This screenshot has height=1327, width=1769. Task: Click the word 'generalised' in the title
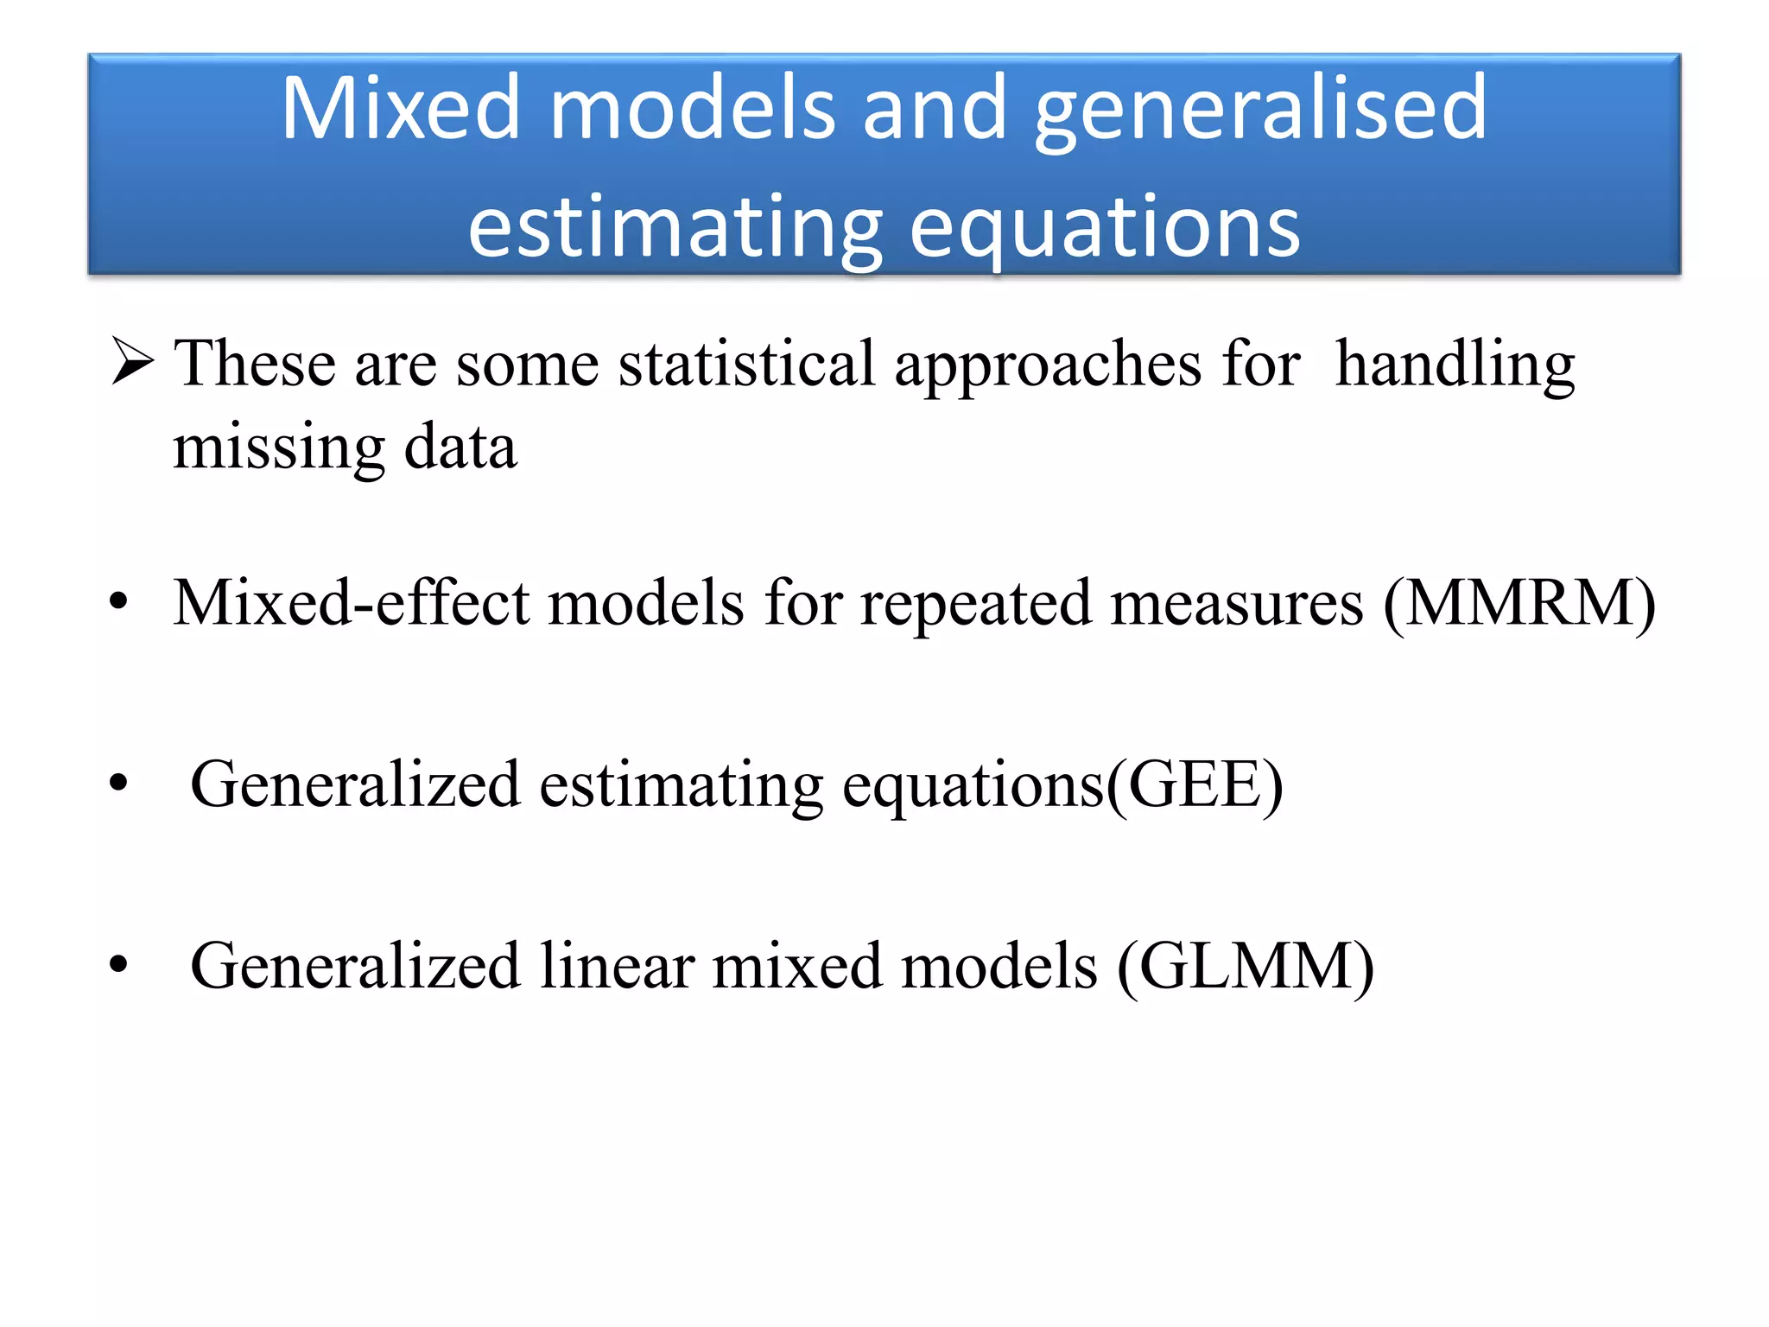tap(1260, 111)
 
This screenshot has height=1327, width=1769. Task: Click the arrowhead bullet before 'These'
tap(132, 362)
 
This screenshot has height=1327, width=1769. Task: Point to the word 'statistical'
tap(746, 364)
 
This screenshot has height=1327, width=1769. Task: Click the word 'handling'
tap(1455, 364)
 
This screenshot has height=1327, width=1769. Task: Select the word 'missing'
tap(278, 448)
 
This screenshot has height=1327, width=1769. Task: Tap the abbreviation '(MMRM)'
tap(1519, 602)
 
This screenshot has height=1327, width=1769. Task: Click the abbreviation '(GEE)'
tap(1195, 784)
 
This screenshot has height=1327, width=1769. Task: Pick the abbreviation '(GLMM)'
tap(1245, 966)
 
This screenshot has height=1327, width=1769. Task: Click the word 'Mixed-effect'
tap(351, 602)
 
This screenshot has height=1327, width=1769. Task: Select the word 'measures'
tap(1237, 602)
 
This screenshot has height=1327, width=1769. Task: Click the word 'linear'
tap(617, 966)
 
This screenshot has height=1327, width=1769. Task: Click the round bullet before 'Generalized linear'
tap(118, 964)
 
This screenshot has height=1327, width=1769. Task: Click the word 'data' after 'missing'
tap(460, 448)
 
